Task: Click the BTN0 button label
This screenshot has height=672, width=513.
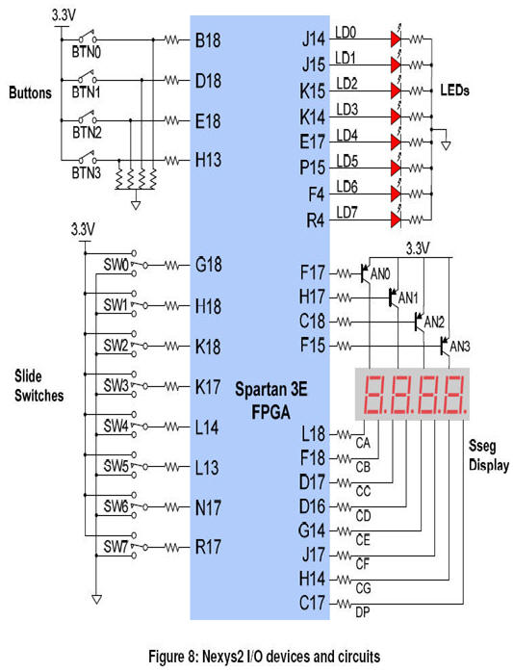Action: coord(87,52)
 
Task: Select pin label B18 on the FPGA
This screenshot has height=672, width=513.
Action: coord(208,40)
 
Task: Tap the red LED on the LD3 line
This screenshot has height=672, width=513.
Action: coord(396,116)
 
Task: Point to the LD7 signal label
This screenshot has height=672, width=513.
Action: coord(346,212)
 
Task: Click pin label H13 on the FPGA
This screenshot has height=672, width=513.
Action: coord(208,160)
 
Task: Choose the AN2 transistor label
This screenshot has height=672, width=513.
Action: coord(434,322)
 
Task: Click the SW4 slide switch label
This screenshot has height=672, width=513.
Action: coord(115,426)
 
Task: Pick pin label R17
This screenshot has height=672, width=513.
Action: coord(208,547)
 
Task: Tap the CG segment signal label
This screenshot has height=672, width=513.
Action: coord(363,588)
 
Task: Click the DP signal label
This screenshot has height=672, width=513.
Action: coord(363,613)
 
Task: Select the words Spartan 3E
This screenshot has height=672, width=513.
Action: coord(270,389)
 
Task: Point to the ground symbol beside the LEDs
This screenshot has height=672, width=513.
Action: coord(446,145)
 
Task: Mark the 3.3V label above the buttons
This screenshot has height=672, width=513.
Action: coord(64,15)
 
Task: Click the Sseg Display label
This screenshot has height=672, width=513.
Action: coord(489,455)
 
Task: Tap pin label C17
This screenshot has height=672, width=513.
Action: coord(312,604)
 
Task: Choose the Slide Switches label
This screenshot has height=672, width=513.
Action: coord(39,386)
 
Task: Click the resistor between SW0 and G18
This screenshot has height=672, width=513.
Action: coord(172,266)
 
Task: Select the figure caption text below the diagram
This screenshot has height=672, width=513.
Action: coord(264,657)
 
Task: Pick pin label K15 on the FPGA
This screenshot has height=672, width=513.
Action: coord(312,90)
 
